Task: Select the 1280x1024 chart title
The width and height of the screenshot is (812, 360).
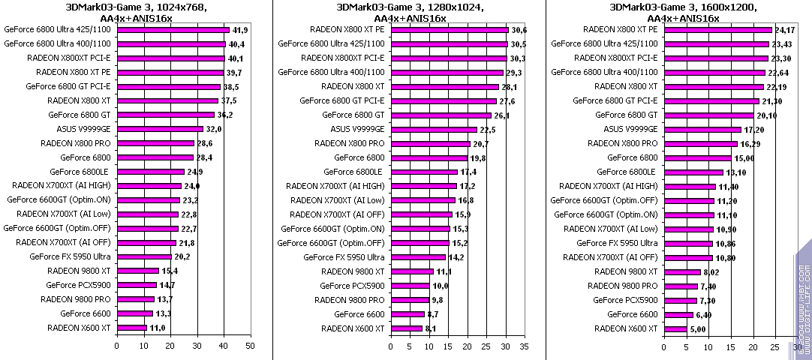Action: coord(410,13)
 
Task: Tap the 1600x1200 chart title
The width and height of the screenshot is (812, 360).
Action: coord(683,13)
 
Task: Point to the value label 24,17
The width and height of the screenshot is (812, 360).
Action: coord(785,30)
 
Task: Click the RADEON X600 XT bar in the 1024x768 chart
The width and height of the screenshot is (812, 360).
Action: coord(131,328)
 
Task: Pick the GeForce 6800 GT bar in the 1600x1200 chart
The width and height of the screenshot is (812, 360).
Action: coord(708,115)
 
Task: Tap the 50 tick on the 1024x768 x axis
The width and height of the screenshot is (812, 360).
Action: coord(251,346)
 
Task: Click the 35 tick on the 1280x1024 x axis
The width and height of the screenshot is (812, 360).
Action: coord(524,346)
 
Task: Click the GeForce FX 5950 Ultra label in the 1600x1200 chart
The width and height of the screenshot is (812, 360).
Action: coord(617,243)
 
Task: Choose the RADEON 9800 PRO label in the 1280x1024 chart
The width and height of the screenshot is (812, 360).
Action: coord(350,300)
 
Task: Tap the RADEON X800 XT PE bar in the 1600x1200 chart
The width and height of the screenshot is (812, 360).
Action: coord(717,30)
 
